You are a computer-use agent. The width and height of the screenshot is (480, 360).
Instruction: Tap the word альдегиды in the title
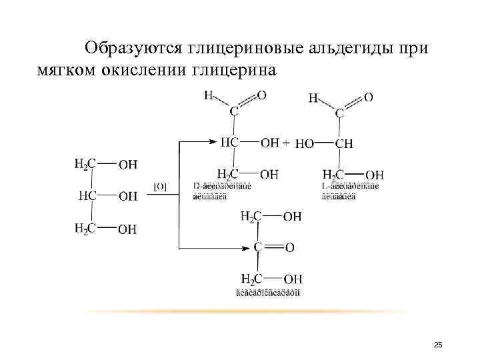coord(352,49)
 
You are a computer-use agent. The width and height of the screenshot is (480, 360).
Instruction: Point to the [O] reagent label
coord(160,187)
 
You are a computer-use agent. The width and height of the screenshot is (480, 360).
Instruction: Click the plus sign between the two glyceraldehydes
coord(285,143)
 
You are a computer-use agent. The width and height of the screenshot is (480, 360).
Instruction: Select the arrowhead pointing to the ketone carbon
coord(246,247)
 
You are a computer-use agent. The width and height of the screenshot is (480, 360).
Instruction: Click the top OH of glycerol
coord(127,164)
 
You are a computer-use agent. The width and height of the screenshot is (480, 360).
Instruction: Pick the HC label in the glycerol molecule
coord(88,196)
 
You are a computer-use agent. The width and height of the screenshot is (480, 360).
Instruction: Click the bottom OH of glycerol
coord(127,229)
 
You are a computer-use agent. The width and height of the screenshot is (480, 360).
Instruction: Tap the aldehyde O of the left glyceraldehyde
coord(261,95)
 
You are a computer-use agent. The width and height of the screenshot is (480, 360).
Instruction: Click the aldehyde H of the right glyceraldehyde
coord(313,98)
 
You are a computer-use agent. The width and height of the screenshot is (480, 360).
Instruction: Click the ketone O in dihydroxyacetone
coord(289,247)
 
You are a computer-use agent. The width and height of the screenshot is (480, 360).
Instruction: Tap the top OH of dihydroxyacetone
coord(292,216)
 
